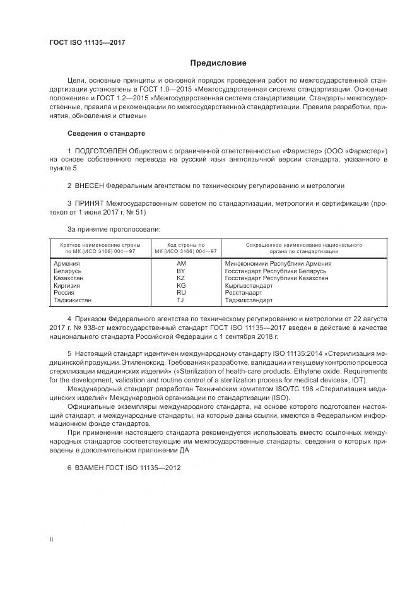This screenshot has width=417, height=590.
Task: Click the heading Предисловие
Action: click(219, 63)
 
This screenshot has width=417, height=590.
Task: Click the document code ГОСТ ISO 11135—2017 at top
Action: click(87, 42)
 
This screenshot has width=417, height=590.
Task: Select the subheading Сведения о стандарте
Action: click(106, 133)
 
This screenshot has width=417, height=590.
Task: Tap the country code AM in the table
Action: click(181, 263)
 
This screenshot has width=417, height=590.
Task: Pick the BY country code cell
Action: click(181, 271)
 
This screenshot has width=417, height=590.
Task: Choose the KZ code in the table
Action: click(181, 278)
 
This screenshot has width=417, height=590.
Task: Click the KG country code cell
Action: click(181, 286)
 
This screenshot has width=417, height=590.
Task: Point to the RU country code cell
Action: click(181, 293)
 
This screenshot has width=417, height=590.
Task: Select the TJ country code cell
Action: click(181, 300)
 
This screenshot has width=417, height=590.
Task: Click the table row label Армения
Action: click(67, 263)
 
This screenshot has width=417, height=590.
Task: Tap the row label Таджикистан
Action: click(73, 300)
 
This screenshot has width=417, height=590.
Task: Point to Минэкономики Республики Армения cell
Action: click(278, 263)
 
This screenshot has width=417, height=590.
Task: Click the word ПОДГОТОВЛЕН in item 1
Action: click(101, 151)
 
